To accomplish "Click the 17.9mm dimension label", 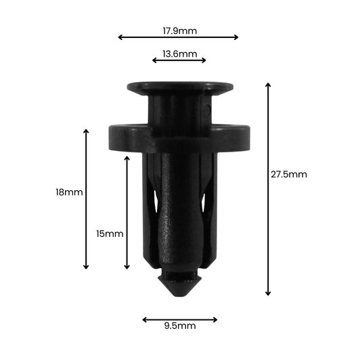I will [179, 30].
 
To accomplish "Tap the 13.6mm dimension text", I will [179, 53].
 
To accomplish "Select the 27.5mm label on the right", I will [289, 174].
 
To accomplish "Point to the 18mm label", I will [69, 192].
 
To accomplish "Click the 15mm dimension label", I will [110, 233].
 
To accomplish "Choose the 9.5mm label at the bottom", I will [179, 326].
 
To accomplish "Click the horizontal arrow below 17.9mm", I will [179, 37].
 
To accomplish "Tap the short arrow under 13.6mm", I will [179, 60].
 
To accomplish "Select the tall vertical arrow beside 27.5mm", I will [268, 189].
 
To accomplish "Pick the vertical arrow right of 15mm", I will [127, 212].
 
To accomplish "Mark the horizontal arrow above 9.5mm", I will [180, 319].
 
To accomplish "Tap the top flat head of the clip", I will [180, 87].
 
